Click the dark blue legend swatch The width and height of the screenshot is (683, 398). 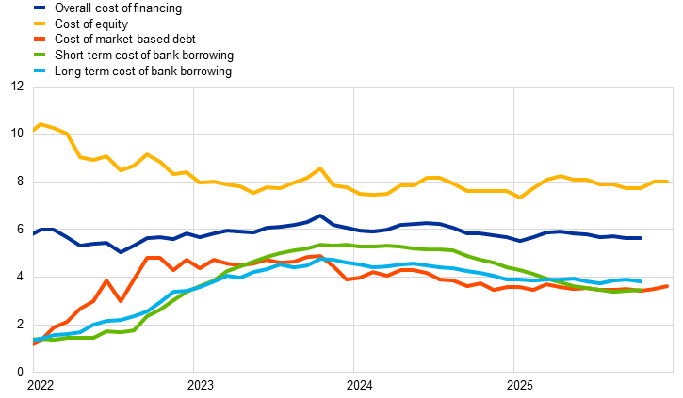tap(40, 8)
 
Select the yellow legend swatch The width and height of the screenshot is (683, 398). tap(40, 24)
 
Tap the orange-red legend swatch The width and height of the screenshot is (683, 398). tap(40, 39)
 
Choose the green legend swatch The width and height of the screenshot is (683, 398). tap(40, 55)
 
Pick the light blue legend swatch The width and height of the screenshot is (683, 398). tap(40, 71)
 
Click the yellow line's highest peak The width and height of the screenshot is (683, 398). tap(41, 124)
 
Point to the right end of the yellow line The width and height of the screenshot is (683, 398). tap(668, 181)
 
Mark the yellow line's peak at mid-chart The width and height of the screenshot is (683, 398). tap(320, 168)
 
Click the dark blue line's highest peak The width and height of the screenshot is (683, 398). tap(320, 215)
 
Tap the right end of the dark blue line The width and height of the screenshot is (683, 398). tap(642, 238)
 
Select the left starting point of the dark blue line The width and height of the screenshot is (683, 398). tap(34, 232)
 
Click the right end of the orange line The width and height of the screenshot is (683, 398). tap(667, 286)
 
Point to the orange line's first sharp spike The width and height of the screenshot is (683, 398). tap(106, 280)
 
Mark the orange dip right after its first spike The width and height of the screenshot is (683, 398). tap(121, 301)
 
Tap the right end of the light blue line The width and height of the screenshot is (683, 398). tap(642, 280)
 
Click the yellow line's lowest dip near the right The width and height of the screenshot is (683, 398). tap(519, 198)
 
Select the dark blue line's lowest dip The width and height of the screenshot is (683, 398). tap(121, 252)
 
